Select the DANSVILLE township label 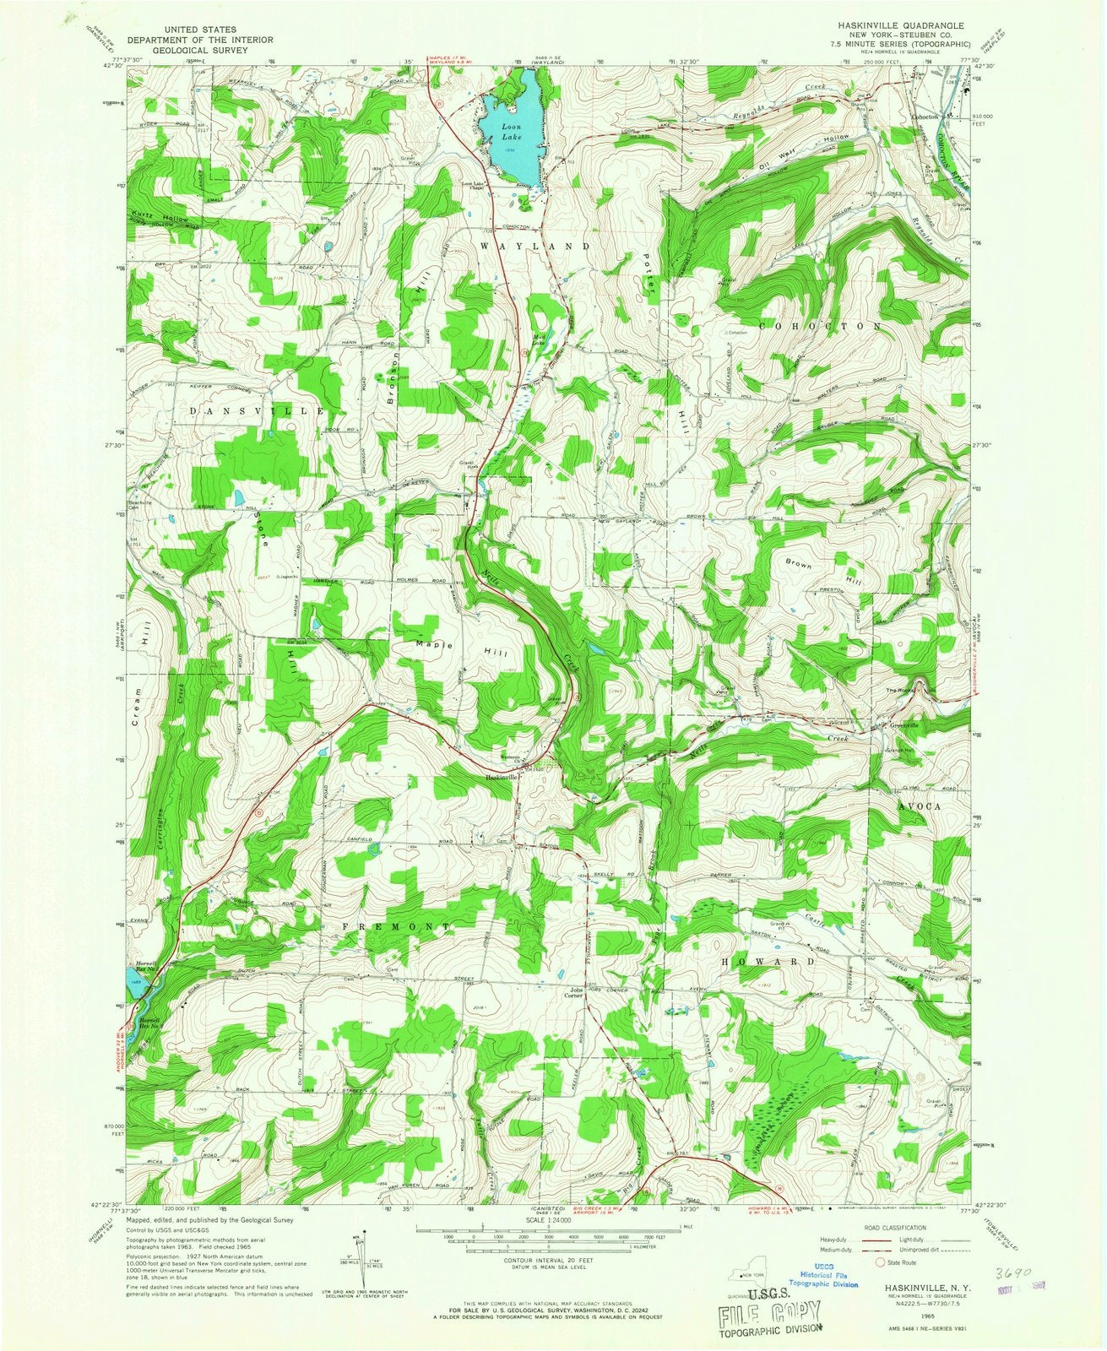click(x=245, y=410)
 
